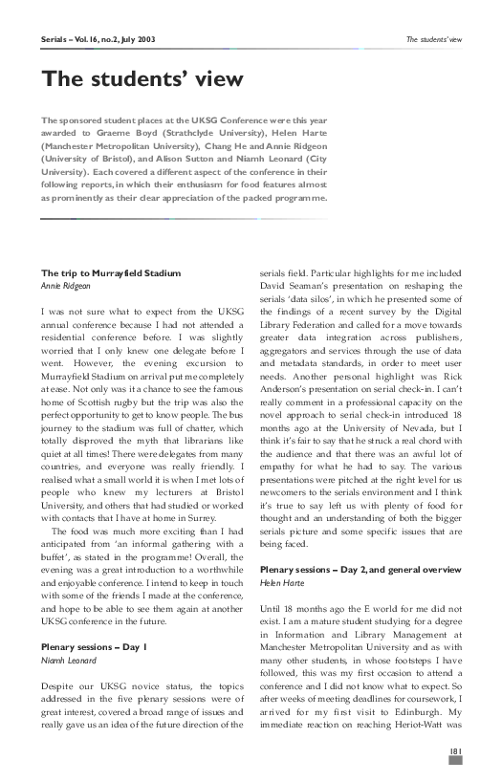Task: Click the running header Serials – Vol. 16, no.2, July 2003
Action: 98,41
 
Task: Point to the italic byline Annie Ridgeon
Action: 66,285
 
